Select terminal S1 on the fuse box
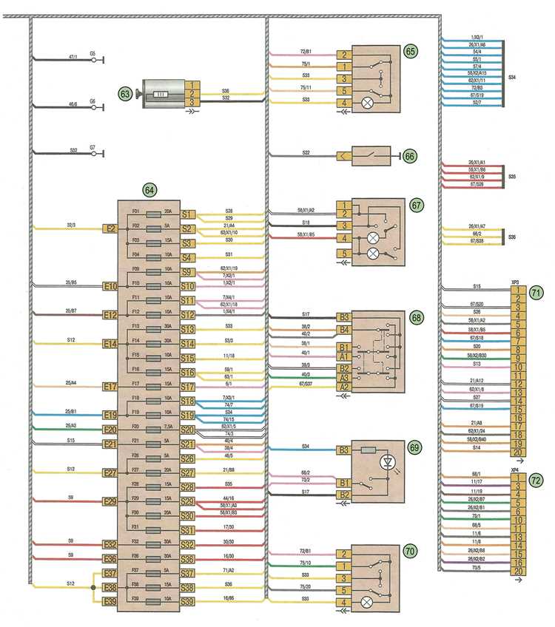click(x=188, y=215)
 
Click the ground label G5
click(x=92, y=53)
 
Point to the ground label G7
click(x=92, y=148)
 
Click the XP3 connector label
click(x=515, y=282)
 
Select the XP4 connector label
click(x=515, y=470)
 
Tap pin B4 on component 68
click(x=343, y=331)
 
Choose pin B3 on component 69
click(x=343, y=449)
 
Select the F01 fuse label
click(x=135, y=212)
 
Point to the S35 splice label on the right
click(x=512, y=177)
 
